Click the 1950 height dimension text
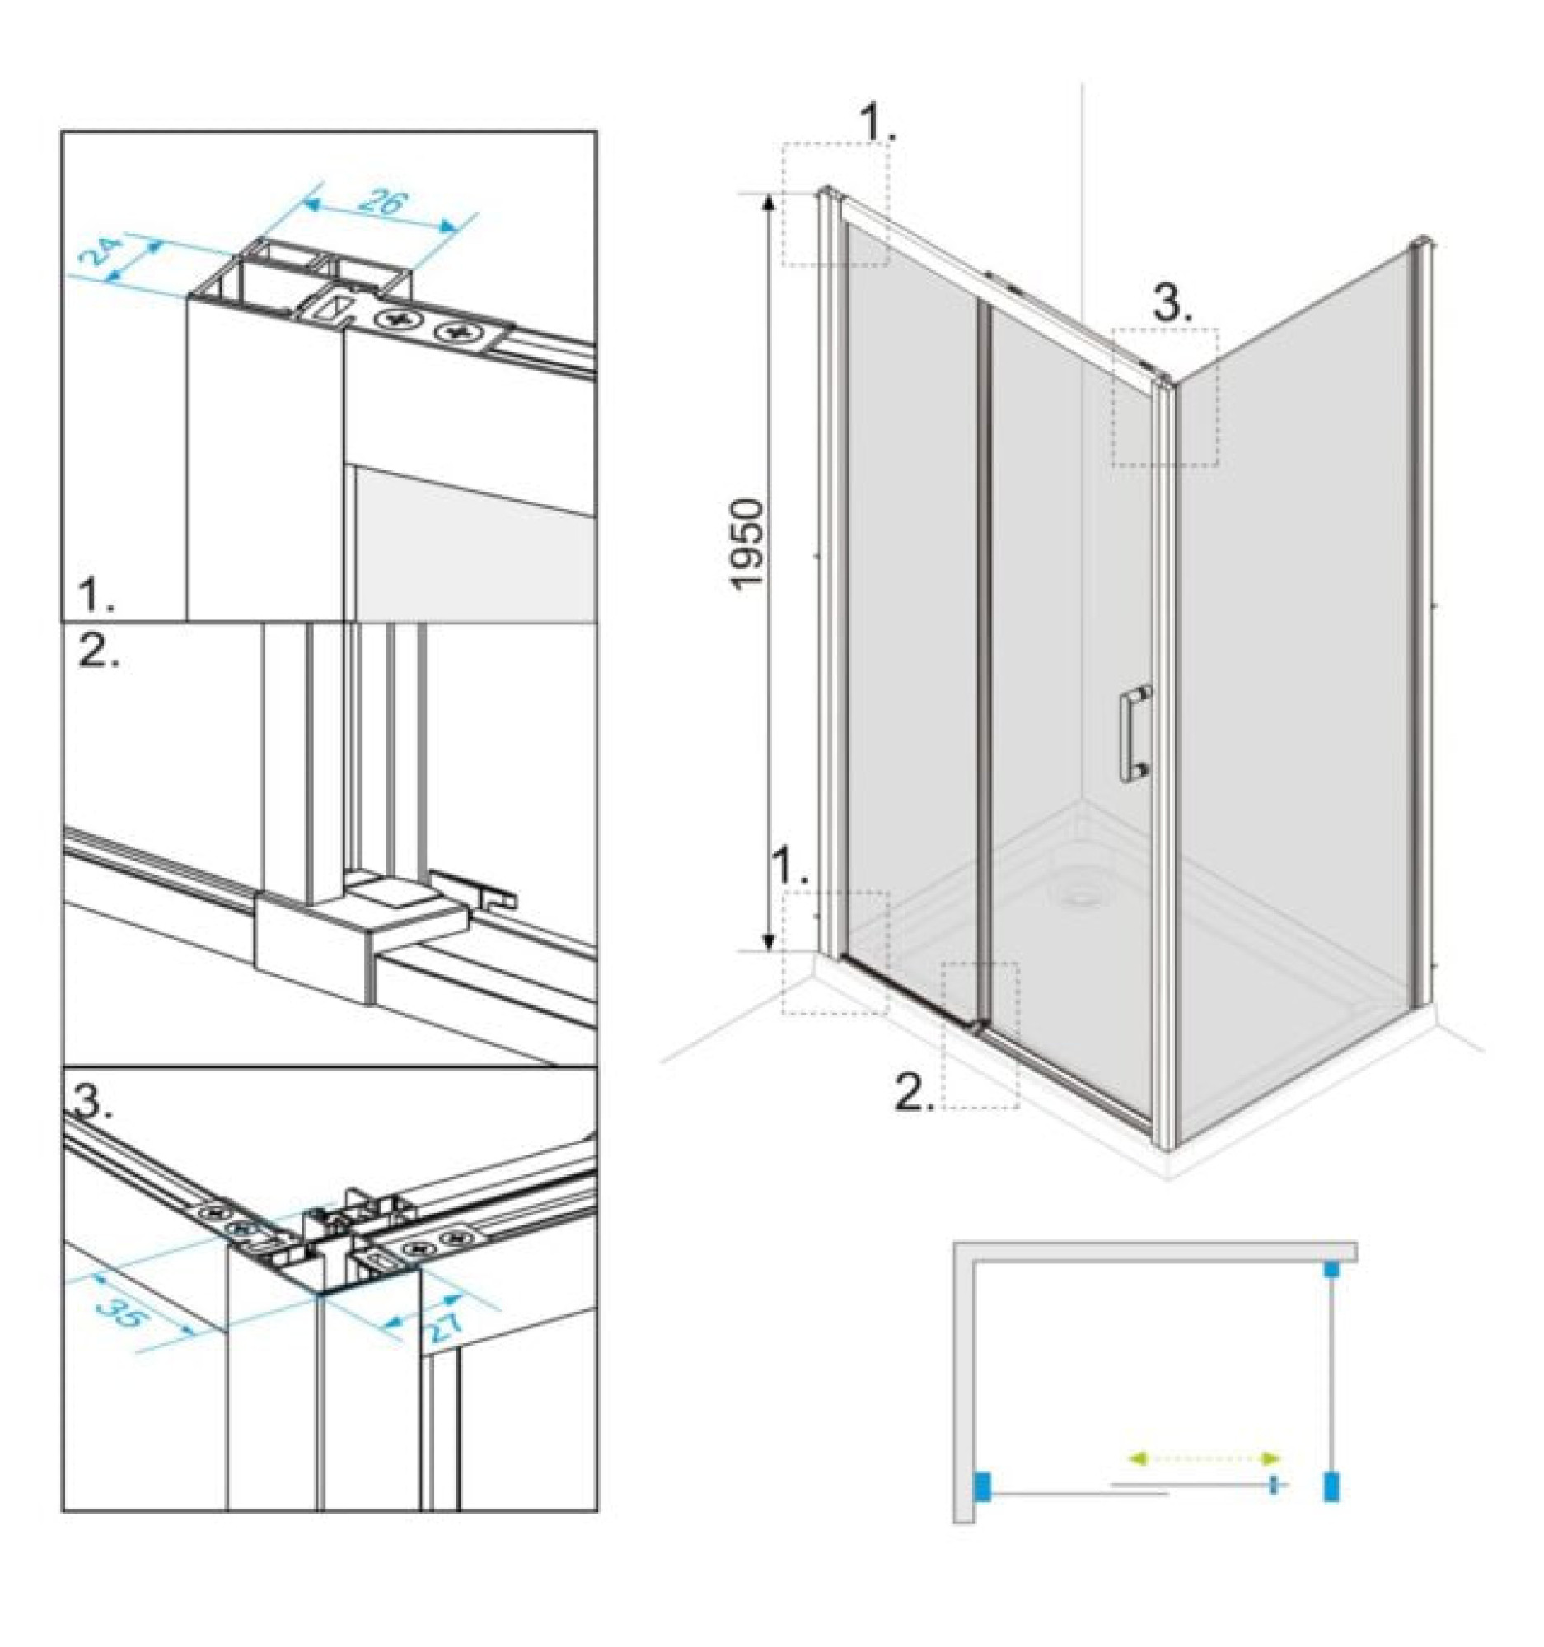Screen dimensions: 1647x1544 point(747,543)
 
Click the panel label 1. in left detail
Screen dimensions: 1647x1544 point(97,595)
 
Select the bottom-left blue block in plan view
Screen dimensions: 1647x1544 point(983,1486)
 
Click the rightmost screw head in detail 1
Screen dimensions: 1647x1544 point(454,330)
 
